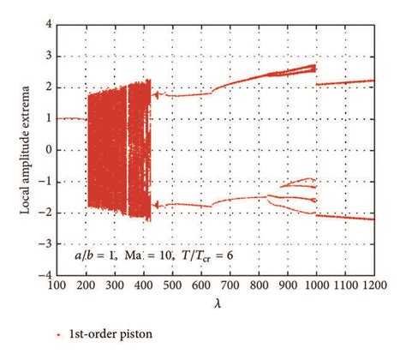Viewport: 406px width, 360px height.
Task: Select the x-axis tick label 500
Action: click(x=174, y=284)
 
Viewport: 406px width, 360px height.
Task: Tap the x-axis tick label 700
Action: click(x=231, y=284)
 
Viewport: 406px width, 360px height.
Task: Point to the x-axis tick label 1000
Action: click(x=319, y=284)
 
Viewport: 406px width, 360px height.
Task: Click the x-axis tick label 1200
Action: click(x=376, y=284)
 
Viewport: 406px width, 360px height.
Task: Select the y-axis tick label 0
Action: click(x=49, y=150)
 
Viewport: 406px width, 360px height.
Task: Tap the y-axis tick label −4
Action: click(x=46, y=275)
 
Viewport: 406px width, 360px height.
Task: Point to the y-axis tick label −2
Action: click(x=46, y=213)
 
